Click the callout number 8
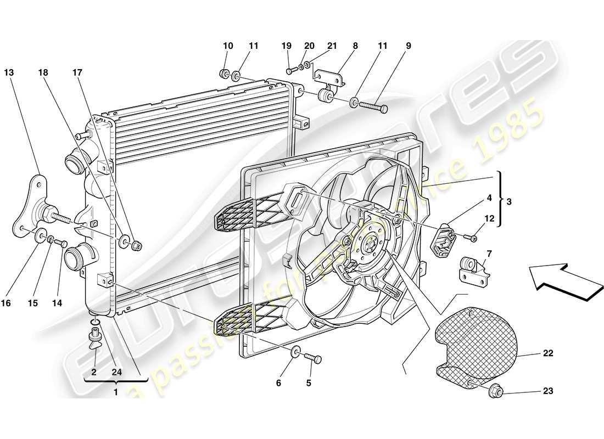tap(355, 47)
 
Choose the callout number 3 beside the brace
tap(509, 202)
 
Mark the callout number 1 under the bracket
tap(115, 392)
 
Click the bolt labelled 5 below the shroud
tap(314, 358)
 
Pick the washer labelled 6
tap(295, 352)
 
